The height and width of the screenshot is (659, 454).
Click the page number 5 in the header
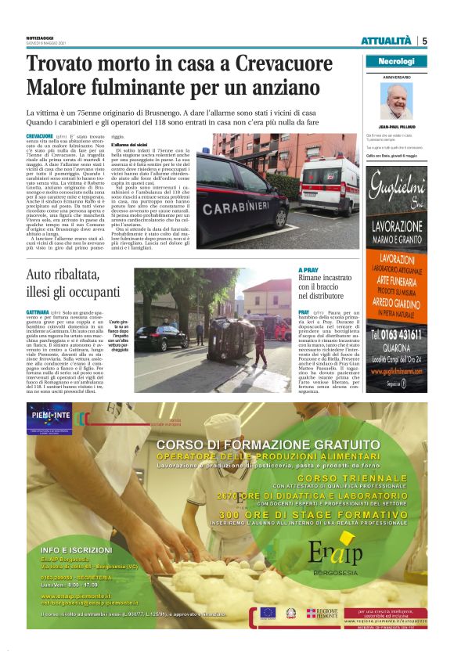[x=423, y=41]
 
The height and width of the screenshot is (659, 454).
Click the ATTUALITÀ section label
[x=385, y=41]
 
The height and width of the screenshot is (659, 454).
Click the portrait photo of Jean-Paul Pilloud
[x=396, y=101]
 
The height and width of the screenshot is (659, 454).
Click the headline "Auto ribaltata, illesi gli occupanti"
[x=74, y=284]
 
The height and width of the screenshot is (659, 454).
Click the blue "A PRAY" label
[x=309, y=270]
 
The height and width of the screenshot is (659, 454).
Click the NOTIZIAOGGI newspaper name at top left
[x=40, y=37]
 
